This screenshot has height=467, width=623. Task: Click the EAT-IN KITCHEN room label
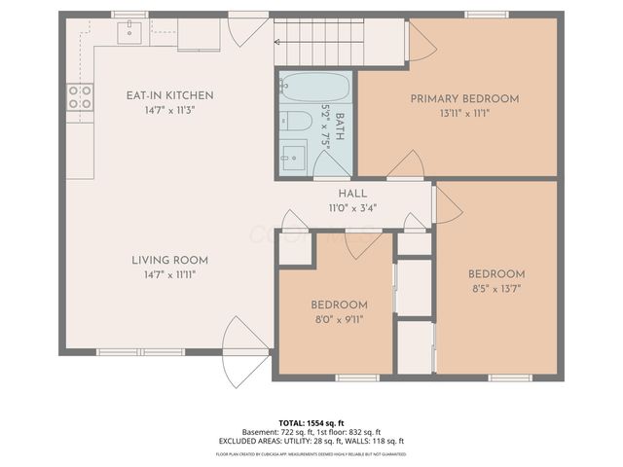click(169, 95)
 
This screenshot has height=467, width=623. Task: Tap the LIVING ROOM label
click(169, 260)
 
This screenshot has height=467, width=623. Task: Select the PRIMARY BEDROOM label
click(463, 98)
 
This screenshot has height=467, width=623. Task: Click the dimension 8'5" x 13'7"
click(495, 289)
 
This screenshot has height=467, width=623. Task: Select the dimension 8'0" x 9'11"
click(339, 320)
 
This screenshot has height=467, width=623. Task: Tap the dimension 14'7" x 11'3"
click(169, 111)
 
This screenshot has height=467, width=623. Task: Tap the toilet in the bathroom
click(298, 121)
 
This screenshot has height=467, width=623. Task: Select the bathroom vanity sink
click(293, 156)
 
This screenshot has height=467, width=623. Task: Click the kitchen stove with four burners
click(80, 96)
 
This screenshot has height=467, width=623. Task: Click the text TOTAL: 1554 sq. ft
click(311, 423)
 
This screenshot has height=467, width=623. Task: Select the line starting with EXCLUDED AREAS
click(311, 442)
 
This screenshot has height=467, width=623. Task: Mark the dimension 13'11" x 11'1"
click(463, 113)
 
